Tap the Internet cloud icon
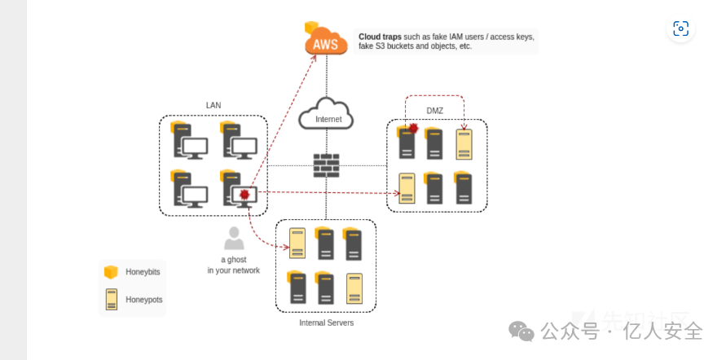tap(326, 116)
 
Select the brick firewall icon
tap(326, 165)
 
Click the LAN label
tap(213, 106)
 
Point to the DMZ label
tap(435, 110)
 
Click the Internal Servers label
tap(326, 323)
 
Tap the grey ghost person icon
tap(234, 239)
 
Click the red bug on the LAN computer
tap(244, 195)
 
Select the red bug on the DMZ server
tap(413, 129)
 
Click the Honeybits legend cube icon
tap(112, 271)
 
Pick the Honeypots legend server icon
tap(112, 300)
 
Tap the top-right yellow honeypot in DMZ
tap(464, 143)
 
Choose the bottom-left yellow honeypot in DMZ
tap(407, 189)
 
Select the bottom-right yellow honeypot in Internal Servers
tap(354, 288)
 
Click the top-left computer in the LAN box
tap(189, 142)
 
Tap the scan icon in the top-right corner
tap(680, 29)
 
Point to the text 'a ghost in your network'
tap(234, 265)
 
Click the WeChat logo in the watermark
tap(521, 331)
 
